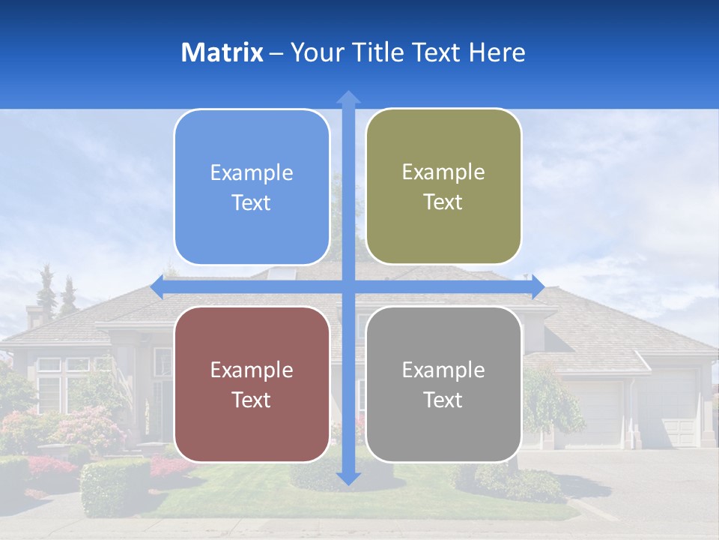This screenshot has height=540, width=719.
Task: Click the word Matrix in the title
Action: [x=222, y=52]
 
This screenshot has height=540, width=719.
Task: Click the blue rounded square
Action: [x=252, y=187]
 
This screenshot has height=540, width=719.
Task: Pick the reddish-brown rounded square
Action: [x=252, y=384]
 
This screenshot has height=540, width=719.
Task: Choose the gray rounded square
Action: [x=443, y=384]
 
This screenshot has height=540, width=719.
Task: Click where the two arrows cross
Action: [x=348, y=287]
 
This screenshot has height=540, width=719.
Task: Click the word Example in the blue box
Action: [x=252, y=173]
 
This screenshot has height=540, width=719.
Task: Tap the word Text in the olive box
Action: [x=443, y=202]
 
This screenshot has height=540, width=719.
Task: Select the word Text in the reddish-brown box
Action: [x=252, y=400]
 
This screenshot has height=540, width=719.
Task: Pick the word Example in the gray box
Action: [x=443, y=370]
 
